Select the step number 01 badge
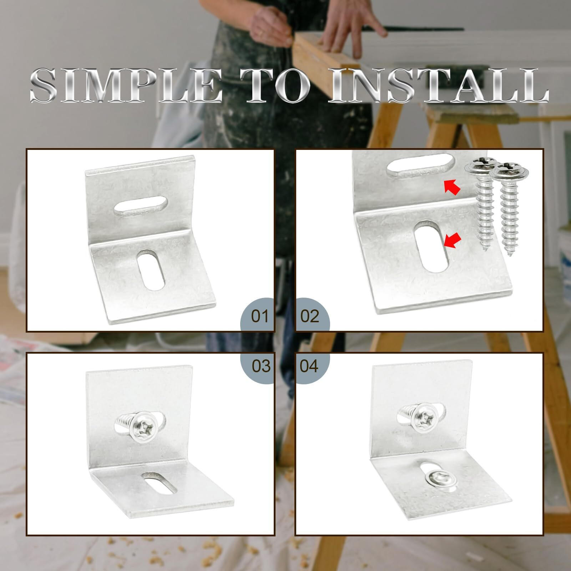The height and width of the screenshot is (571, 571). [259, 316]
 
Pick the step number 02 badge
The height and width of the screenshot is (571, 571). [310, 316]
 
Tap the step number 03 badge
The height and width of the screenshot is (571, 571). [261, 366]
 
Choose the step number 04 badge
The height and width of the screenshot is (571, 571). [309, 366]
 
